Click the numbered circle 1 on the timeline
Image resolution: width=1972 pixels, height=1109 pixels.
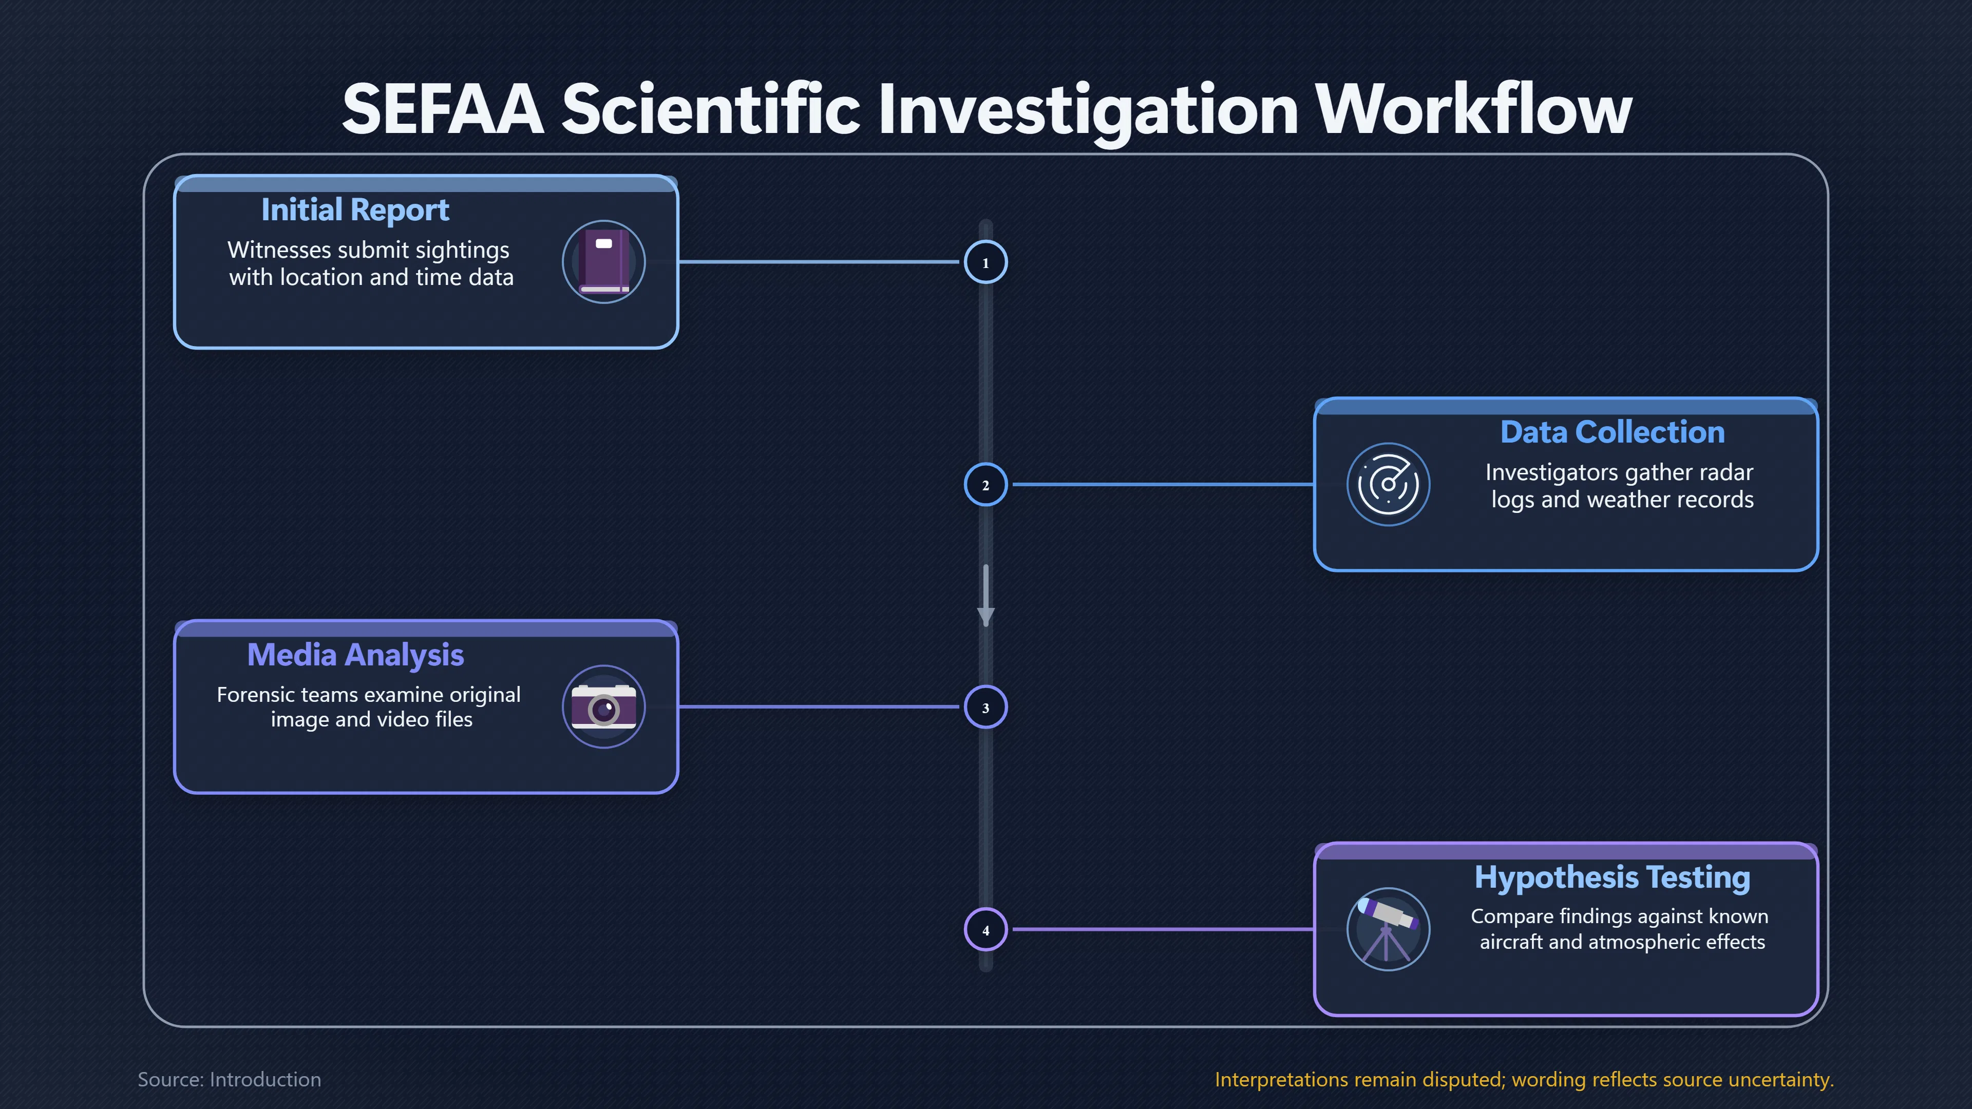(985, 262)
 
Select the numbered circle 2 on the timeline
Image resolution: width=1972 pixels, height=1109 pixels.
(985, 485)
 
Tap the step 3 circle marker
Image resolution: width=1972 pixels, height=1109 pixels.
(985, 707)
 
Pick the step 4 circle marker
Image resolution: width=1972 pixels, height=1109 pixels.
(985, 930)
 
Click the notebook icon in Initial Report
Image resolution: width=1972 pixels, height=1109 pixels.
(604, 262)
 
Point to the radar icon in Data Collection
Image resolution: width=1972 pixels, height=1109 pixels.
(1388, 485)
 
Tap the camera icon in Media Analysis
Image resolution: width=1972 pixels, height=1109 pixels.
(604, 707)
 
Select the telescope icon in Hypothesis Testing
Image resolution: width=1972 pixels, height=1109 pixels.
(1388, 929)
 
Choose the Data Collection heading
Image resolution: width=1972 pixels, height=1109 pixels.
(1612, 432)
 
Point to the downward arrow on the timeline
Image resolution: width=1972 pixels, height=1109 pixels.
(985, 596)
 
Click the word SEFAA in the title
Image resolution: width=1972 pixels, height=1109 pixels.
(443, 109)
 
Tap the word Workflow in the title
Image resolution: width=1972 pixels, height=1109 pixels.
(1474, 109)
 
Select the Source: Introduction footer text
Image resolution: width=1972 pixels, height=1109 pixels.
(230, 1079)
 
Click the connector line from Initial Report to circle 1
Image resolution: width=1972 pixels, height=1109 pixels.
(819, 262)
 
